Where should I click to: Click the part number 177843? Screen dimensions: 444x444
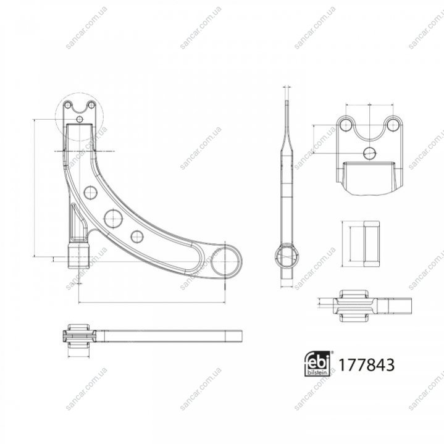[x=366, y=364]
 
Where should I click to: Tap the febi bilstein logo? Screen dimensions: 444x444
[x=317, y=364]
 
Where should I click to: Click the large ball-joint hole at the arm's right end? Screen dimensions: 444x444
[x=225, y=262]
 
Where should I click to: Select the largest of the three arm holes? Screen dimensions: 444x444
[x=113, y=218]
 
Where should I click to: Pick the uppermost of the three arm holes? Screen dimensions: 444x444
[x=91, y=193]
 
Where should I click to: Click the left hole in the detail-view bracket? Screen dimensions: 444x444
[x=345, y=125]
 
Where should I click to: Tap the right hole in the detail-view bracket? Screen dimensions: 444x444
[x=392, y=125]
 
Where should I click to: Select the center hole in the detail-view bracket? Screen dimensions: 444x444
[x=369, y=153]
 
